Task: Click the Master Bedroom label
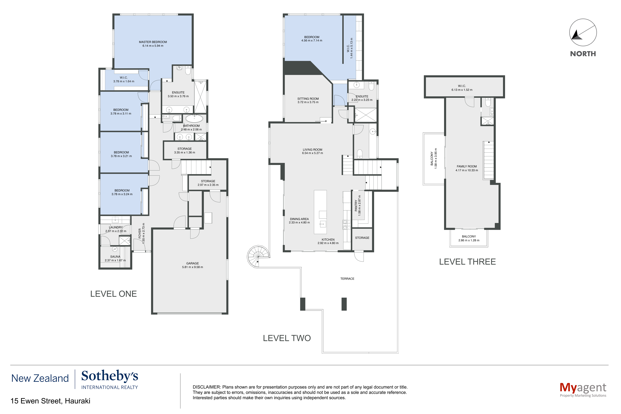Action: pos(153,42)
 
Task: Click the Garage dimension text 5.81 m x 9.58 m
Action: pos(192,267)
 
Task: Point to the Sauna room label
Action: pos(115,257)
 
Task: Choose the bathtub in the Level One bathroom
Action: pos(194,118)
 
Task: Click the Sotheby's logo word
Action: pos(110,376)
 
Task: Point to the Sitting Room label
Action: pos(308,99)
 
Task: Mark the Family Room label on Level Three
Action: pos(467,166)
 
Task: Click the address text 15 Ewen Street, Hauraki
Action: pos(50,401)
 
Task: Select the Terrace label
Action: pos(347,279)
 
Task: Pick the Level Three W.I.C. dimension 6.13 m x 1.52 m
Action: pos(462,90)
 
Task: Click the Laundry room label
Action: pos(116,227)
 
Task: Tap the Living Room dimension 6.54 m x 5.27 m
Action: pos(313,153)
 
